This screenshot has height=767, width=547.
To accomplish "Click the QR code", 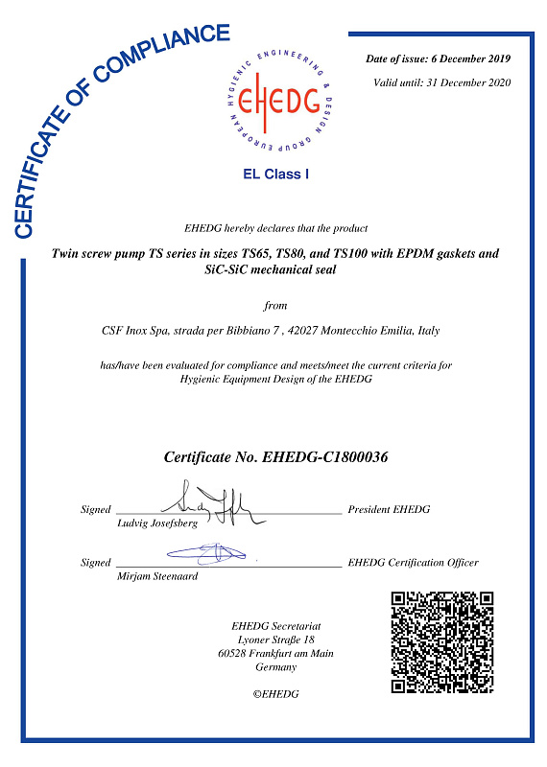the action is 442,641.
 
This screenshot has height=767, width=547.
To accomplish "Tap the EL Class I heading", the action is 276,174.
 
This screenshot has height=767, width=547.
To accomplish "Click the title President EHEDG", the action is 389,509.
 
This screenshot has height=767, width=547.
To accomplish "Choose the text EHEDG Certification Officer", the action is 413,562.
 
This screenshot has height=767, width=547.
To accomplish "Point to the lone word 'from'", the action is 275,306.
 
